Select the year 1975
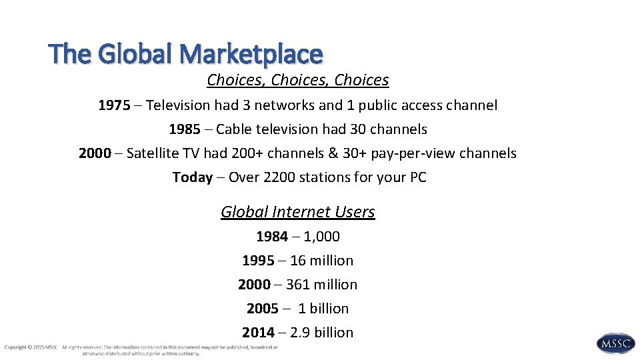coord(114,105)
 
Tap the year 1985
coord(185,129)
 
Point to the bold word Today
coord(192,177)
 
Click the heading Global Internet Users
coord(298,212)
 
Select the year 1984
coord(272,237)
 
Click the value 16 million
coord(321,261)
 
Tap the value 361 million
coord(321,285)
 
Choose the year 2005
coord(263,309)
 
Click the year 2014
coord(258,333)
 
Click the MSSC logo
coord(615,343)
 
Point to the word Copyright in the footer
coord(16,347)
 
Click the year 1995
coord(258,261)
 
